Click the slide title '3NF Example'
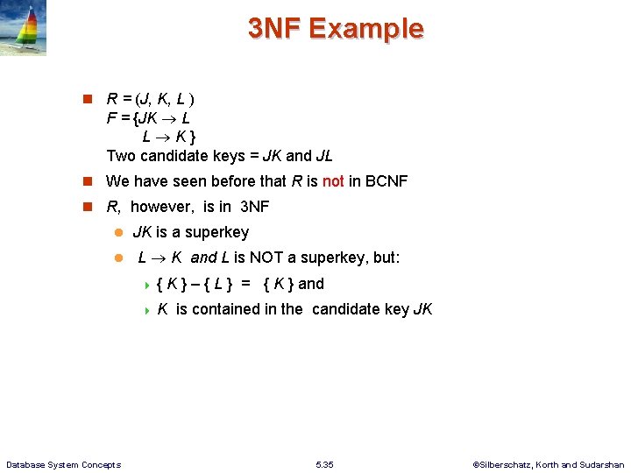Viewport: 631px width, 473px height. point(335,29)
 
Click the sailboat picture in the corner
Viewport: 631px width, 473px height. point(24,28)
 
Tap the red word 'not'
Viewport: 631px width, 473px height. point(333,181)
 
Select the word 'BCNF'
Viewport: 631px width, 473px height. point(386,181)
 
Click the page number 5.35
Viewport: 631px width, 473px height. point(323,464)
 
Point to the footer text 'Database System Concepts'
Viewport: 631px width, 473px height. point(63,464)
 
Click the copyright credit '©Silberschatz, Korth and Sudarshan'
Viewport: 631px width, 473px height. point(548,464)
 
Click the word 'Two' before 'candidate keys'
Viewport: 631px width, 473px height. point(121,156)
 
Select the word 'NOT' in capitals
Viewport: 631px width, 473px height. point(270,258)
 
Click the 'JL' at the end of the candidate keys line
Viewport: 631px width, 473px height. point(323,156)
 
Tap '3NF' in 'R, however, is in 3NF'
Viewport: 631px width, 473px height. point(254,207)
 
